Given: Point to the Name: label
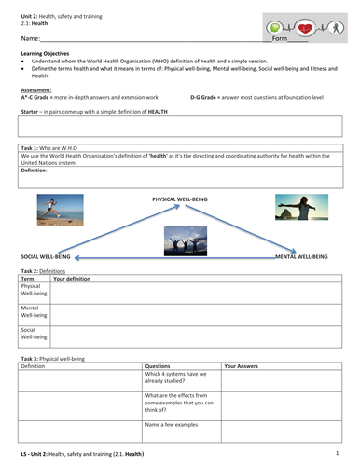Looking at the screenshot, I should tap(29, 40).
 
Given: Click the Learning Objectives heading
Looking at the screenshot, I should tap(45, 55).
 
